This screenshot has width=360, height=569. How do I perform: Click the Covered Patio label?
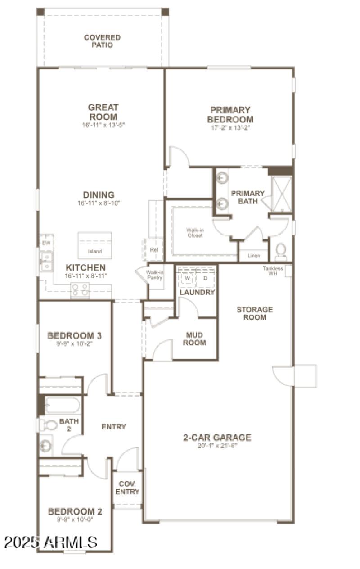[102, 41]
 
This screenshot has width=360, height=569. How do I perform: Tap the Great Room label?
[103, 112]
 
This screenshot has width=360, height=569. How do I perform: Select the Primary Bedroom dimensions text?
[229, 127]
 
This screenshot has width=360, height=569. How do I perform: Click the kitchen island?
[94, 245]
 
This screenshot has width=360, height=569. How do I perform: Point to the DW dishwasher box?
[46, 243]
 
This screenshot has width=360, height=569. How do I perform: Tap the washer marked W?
[187, 278]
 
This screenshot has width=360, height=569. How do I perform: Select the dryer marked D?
[205, 278]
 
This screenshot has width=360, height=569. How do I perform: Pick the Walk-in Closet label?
[195, 232]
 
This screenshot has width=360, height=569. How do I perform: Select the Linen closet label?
[254, 256]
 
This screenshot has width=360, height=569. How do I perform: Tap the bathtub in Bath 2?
[63, 405]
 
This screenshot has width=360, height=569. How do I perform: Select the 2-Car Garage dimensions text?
[217, 447]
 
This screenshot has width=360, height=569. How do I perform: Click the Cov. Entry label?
[127, 488]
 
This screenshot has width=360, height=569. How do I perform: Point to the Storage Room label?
[255, 313]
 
